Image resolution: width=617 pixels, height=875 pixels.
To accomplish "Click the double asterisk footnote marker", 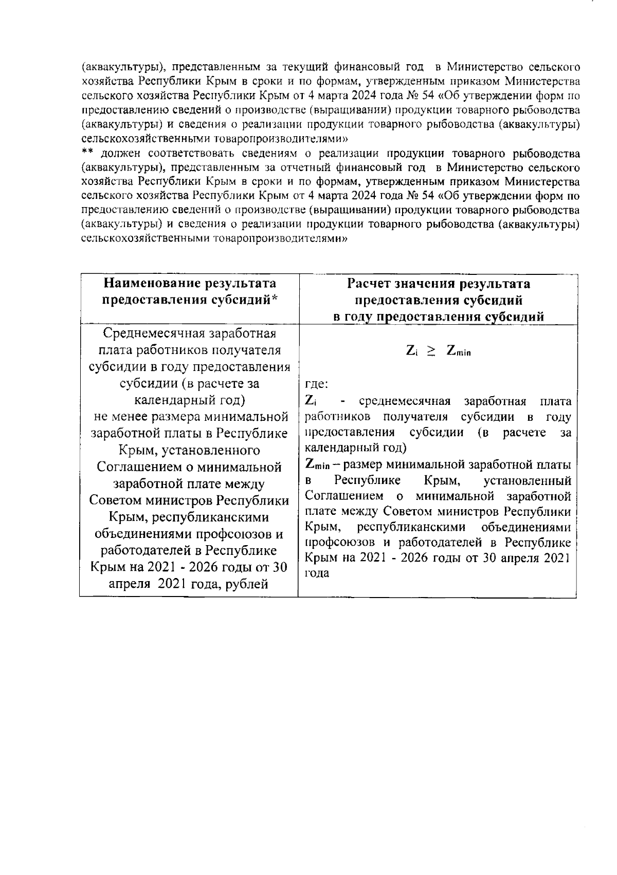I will click(x=87, y=152).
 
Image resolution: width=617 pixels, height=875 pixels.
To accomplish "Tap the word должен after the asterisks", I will click(x=122, y=153).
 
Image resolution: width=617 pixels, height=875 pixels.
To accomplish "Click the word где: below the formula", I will click(x=317, y=383).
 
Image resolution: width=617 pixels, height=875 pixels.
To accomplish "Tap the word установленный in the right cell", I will click(x=528, y=481).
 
